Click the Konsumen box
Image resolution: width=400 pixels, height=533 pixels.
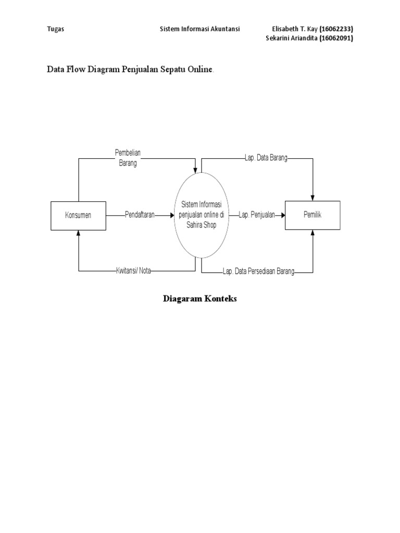pos(78,215)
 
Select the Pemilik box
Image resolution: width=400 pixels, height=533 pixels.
pos(312,214)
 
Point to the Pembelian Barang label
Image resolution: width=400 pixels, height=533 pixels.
pos(128,158)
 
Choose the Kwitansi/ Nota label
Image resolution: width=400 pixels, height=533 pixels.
pos(133,271)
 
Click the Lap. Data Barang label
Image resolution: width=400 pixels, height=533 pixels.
pos(266,158)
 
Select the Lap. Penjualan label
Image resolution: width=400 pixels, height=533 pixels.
pos(257,214)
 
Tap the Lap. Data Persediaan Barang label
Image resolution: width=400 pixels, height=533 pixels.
pos(258,271)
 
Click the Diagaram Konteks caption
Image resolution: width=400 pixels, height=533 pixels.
pos(200,299)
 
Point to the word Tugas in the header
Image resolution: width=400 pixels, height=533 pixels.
pos(56,30)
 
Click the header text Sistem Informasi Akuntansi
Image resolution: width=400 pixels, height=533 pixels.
pos(199,30)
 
